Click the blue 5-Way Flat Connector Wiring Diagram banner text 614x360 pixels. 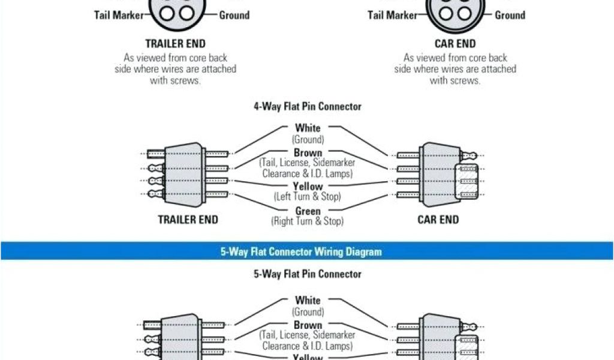(300, 251)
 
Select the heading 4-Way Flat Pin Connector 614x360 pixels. (307, 107)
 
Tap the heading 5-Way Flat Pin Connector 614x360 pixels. (307, 274)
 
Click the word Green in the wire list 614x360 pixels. (308, 211)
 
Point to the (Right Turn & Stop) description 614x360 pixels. (308, 221)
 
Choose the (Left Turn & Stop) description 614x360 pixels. (308, 196)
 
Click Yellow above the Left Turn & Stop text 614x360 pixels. (308, 187)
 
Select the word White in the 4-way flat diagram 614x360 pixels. (308, 128)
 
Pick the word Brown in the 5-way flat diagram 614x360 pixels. (308, 325)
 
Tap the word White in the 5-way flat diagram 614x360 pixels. (308, 300)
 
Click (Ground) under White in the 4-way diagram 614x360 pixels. (308, 139)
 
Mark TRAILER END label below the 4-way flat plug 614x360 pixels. (188, 220)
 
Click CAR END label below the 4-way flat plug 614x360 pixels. (438, 220)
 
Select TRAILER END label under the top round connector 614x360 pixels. (176, 44)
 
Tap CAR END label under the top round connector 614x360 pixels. (455, 44)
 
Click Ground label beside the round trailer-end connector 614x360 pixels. (234, 15)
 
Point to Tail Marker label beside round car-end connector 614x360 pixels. (392, 15)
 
